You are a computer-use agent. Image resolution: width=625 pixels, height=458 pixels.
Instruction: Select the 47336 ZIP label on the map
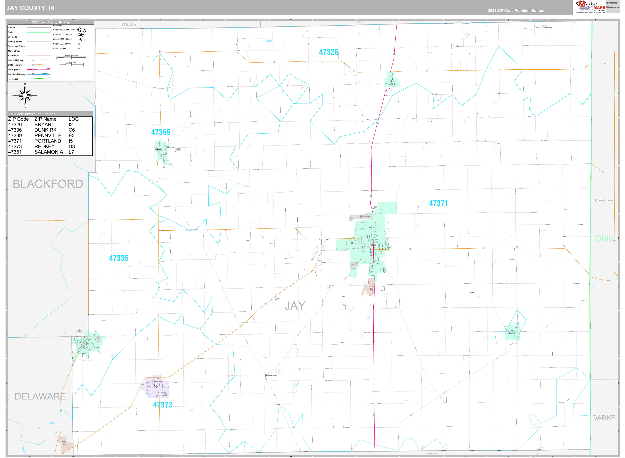(118, 258)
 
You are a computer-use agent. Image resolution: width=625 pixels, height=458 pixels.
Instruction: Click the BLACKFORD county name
(48, 184)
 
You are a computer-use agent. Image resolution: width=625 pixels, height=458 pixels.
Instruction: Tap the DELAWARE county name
(40, 396)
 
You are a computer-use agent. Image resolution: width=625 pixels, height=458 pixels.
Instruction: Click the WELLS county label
(129, 24)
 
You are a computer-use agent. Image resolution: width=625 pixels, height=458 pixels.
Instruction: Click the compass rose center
(25, 95)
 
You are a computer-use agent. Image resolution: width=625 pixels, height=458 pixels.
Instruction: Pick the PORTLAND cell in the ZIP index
(48, 141)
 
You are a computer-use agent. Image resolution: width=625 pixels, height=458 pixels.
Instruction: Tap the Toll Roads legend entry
(13, 79)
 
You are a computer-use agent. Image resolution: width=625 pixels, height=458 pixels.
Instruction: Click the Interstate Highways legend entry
(17, 74)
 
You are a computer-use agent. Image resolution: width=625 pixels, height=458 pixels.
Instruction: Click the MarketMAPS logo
(590, 7)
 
